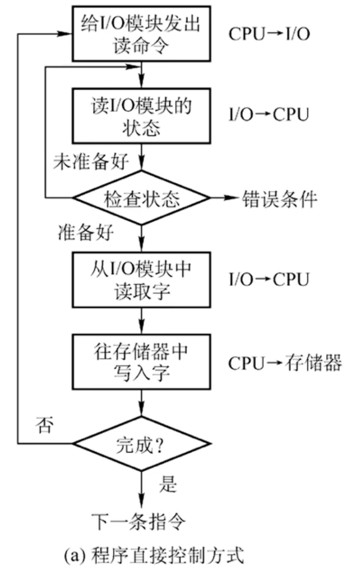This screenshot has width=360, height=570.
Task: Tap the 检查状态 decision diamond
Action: (x=141, y=197)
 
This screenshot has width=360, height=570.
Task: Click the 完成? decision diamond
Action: (x=141, y=443)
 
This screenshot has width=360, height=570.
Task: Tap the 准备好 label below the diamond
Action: (x=86, y=232)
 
